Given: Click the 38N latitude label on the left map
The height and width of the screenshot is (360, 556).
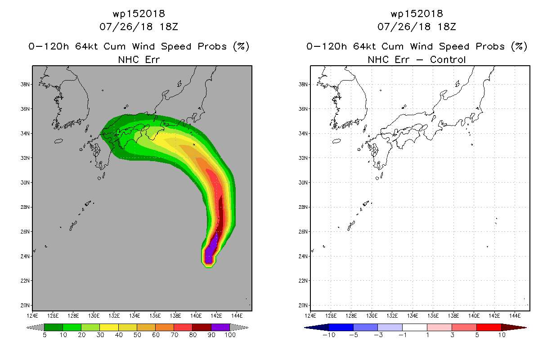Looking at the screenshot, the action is tap(25, 85).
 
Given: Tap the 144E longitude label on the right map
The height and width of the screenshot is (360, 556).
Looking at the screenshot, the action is tap(515, 316).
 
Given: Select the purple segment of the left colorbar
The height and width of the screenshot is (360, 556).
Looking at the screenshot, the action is tap(220, 327).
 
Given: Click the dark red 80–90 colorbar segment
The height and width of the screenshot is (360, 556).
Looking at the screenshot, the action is tap(202, 327).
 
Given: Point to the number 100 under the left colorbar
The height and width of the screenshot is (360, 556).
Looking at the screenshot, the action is tap(230, 335).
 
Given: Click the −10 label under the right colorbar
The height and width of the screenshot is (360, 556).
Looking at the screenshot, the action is tap(329, 335).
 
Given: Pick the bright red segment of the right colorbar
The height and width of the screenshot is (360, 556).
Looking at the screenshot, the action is tap(489, 327).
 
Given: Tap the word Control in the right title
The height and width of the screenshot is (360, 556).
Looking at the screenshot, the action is tap(448, 59).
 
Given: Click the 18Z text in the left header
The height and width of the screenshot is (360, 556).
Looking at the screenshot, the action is tap(169, 27).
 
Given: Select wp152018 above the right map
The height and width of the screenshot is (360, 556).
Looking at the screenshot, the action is tap(417, 13).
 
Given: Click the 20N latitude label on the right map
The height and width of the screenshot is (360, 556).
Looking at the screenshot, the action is tap(303, 305).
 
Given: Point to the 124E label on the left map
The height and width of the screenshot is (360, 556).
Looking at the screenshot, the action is tap(32, 316).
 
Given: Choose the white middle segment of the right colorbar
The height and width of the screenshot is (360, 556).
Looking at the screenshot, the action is tap(415, 327).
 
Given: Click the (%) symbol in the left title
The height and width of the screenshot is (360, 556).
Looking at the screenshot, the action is tap(241, 46).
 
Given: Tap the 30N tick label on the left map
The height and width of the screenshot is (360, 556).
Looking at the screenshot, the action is tap(25, 183).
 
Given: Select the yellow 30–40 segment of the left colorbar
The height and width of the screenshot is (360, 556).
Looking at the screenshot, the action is tap(109, 327).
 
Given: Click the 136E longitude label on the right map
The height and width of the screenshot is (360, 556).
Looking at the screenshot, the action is tap(433, 316).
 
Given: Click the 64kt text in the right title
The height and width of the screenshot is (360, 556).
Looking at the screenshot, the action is tap(364, 46).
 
